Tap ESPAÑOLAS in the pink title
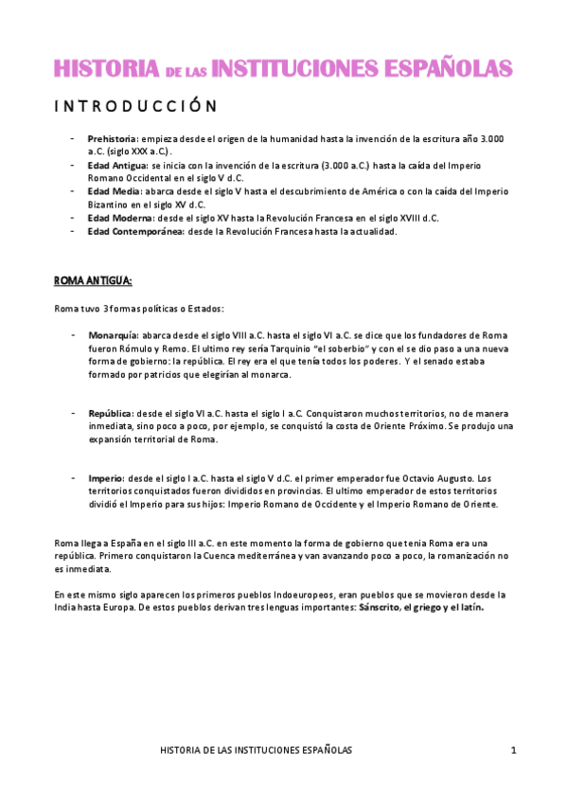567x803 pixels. [x=441, y=68]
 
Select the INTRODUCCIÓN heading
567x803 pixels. [x=134, y=106]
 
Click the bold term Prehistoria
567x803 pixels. [x=113, y=138]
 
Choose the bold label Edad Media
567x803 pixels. [x=114, y=190]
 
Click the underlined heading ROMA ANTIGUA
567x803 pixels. [x=93, y=281]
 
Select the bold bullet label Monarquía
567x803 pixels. [x=113, y=335]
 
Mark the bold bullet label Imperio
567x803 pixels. [x=106, y=477]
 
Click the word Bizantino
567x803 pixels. [x=111, y=204]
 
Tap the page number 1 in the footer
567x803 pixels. [x=513, y=750]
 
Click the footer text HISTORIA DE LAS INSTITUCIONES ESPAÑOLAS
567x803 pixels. [x=257, y=750]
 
